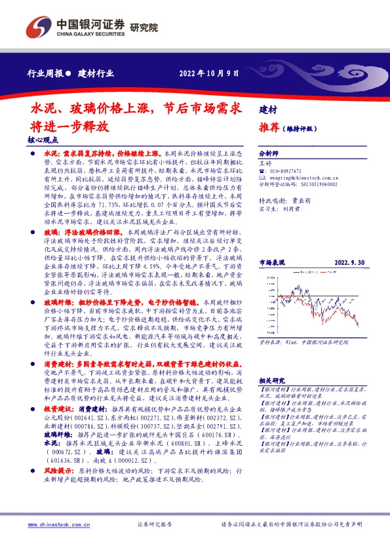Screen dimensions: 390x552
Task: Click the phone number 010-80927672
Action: [x=286, y=170]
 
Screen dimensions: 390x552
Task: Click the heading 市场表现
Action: [x=272, y=242]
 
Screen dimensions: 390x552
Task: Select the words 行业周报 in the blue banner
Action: [x=46, y=73]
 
